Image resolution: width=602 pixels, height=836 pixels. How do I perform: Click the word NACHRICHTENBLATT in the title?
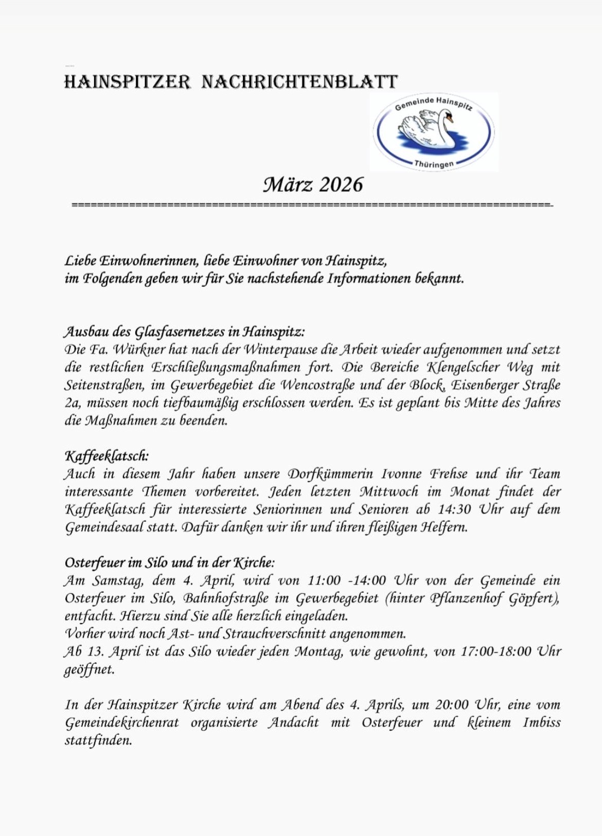click(299, 82)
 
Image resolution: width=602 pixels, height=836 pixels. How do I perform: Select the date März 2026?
click(313, 185)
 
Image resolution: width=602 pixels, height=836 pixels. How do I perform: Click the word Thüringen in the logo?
click(434, 165)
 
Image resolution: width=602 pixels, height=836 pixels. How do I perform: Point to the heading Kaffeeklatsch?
click(107, 456)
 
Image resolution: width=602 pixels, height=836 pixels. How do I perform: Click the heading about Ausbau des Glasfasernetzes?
click(185, 331)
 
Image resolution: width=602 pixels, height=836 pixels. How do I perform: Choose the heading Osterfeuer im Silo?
click(170, 562)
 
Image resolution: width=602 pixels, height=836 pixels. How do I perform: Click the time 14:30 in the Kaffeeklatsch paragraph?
click(454, 510)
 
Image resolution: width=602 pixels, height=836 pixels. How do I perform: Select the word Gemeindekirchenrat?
click(122, 723)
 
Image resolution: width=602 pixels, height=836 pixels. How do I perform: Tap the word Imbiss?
click(542, 722)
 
